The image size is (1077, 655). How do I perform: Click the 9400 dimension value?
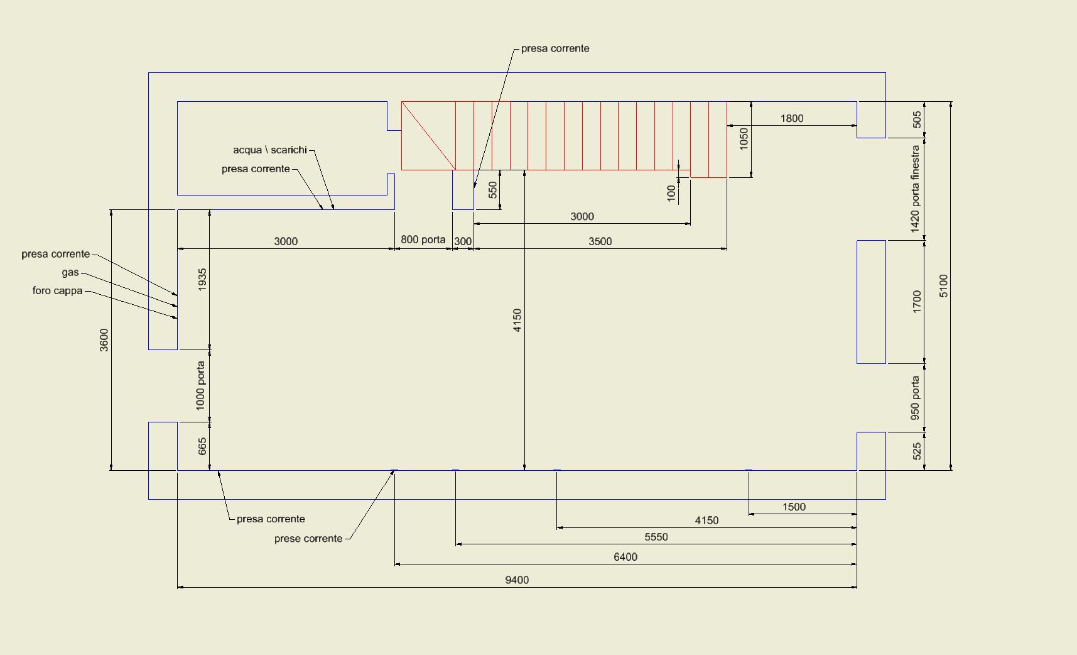[517, 580]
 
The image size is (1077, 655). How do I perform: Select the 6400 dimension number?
[625, 557]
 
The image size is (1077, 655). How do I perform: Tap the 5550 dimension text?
[656, 537]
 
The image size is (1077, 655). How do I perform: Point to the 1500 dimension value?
[794, 507]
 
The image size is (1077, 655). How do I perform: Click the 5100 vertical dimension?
[944, 286]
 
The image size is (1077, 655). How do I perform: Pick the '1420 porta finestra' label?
[915, 189]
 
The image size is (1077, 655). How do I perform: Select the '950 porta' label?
[915, 398]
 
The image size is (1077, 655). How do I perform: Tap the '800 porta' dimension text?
[423, 239]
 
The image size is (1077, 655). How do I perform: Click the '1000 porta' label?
[200, 385]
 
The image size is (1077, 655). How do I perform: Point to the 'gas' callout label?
[70, 273]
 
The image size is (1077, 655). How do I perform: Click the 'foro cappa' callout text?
[58, 291]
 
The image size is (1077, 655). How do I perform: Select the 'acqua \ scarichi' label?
[270, 150]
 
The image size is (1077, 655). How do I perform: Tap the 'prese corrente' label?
[308, 539]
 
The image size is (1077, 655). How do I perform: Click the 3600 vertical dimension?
[104, 340]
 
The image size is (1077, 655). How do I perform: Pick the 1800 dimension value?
[792, 119]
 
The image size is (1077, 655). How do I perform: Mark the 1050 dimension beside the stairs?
[744, 138]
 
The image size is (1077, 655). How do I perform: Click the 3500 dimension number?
[600, 241]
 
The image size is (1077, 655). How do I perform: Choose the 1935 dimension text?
[202, 279]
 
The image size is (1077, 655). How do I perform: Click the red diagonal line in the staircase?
[428, 136]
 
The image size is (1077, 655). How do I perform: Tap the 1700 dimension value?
[917, 302]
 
